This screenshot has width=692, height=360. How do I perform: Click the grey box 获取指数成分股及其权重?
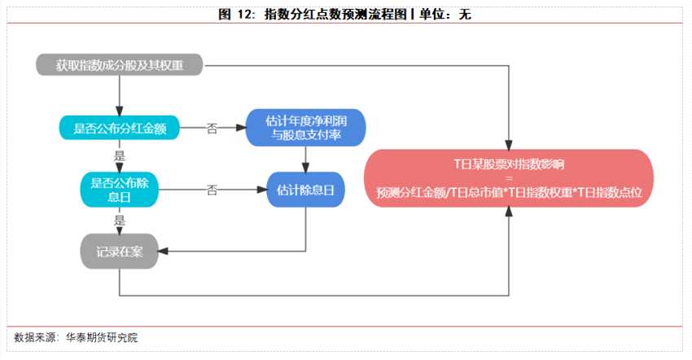[120, 65]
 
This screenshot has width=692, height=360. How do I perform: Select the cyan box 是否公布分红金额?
[120, 128]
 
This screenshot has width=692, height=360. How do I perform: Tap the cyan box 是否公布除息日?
[120, 189]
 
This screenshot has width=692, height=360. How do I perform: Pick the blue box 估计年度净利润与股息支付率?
[305, 128]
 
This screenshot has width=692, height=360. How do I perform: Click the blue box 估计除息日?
[305, 190]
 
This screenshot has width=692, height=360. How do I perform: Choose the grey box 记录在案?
[120, 251]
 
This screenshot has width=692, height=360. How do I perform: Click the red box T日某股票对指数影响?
[510, 164]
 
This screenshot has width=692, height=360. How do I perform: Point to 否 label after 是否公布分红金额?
[212, 128]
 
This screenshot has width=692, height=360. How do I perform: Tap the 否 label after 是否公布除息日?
[212, 190]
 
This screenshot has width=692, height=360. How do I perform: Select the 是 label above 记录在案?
[120, 219]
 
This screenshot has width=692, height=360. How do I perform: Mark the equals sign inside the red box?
[510, 178]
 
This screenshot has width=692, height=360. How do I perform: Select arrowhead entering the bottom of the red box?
[510, 211]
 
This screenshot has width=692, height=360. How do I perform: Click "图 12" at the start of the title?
[233, 14]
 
